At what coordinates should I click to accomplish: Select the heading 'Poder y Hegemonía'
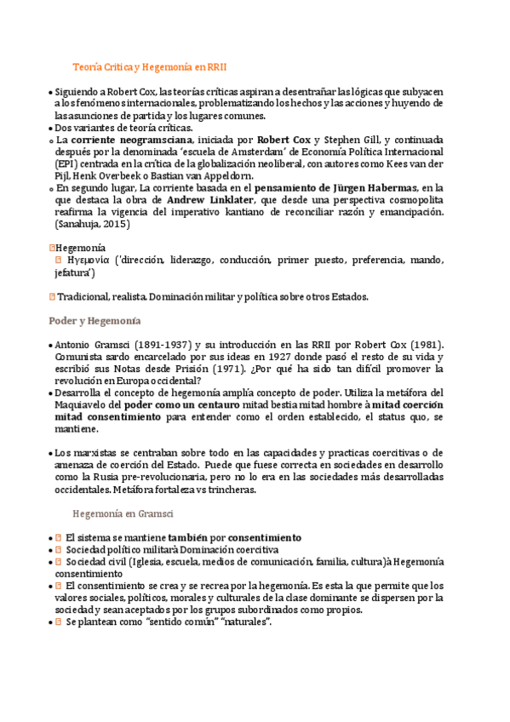(x=94, y=321)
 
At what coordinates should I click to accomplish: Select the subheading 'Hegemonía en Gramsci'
(x=123, y=514)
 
